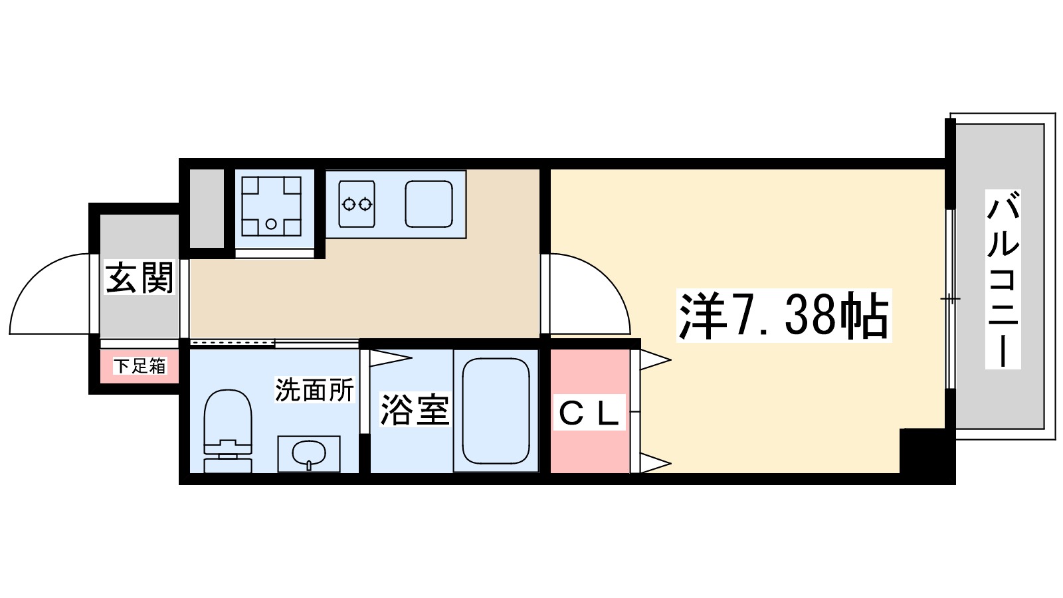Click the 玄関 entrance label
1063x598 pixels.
[140, 278]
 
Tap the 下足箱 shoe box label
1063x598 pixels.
[140, 366]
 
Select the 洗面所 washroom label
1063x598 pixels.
[314, 390]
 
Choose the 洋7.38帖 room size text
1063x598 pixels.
[783, 316]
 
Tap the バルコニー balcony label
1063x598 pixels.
[1003, 279]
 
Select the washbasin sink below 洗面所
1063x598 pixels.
[309, 454]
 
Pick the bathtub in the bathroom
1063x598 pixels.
[496, 411]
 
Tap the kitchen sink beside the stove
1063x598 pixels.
[429, 204]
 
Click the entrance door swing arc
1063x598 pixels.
[50, 292]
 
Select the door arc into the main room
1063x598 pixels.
[588, 292]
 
